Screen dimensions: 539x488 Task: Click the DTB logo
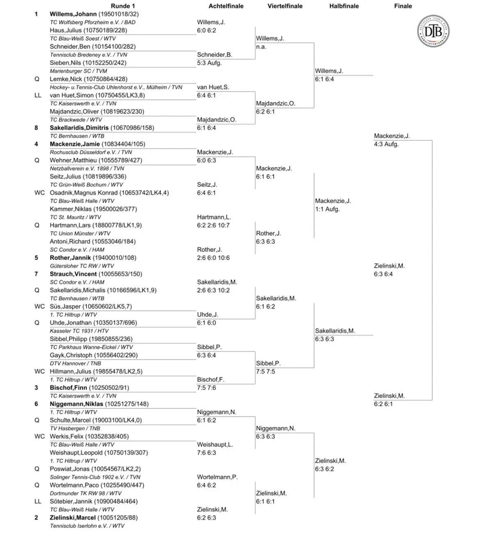pos(433,31)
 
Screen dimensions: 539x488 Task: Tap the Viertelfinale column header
pos(285,6)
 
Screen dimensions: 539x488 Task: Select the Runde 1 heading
pos(123,6)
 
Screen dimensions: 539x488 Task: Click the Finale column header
pos(403,6)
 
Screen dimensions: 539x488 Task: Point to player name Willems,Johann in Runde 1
pos(73,14)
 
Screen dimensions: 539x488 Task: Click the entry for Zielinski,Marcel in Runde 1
pos(73,518)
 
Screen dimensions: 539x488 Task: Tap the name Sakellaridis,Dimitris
pos(79,128)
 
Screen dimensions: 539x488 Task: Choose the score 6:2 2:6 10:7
pos(213,225)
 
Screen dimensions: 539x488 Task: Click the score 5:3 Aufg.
pos(209,63)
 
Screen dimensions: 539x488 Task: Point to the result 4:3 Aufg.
pos(386,144)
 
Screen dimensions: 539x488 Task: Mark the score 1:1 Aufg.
pos(327,209)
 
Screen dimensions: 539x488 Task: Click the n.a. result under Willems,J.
pos(261,47)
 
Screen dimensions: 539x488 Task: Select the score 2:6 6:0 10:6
pos(213,258)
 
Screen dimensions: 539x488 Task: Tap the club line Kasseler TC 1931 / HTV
pos(79,331)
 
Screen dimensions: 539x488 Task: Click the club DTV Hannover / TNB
pos(75,364)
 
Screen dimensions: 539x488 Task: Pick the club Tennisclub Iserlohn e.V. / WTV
pos(87,526)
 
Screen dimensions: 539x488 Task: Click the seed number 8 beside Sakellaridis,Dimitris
pos(36,128)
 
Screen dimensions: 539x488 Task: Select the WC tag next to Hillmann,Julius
pos(39,371)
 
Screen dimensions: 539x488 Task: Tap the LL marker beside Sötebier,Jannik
pos(38,501)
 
